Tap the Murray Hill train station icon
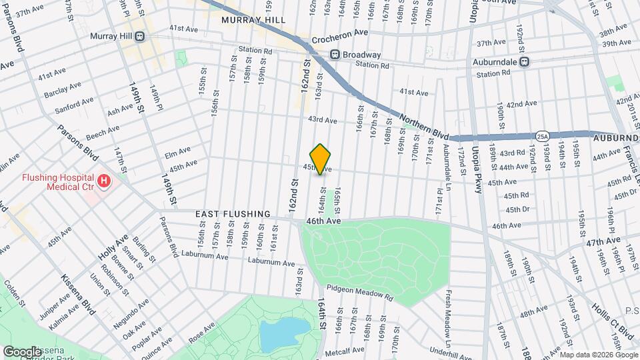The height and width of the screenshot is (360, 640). point(140,37)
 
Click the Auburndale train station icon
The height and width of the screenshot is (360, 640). point(525,61)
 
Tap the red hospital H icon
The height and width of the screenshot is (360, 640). point(103,181)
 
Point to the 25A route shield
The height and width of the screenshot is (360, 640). point(543,136)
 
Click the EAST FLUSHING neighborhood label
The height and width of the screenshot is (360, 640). point(233,214)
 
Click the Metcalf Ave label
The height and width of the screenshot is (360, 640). point(349,349)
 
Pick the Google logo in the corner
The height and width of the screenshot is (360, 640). point(22,351)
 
